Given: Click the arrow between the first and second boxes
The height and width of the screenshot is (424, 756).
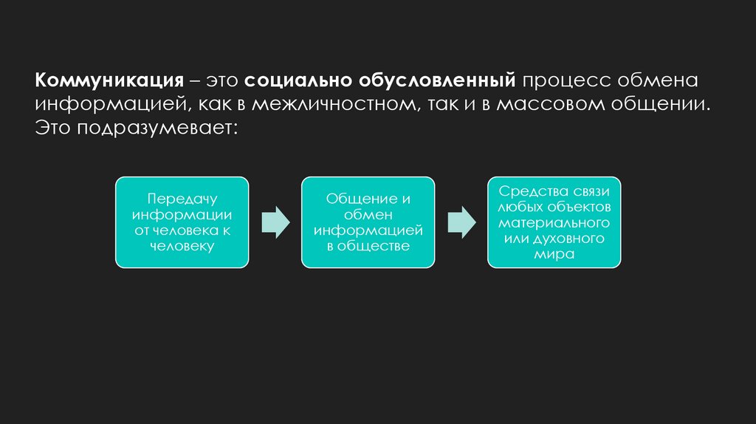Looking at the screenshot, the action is [x=275, y=222].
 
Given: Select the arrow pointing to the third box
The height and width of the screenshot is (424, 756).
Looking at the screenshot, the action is [x=461, y=222].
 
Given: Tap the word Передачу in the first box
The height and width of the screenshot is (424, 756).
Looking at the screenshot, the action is [x=182, y=199].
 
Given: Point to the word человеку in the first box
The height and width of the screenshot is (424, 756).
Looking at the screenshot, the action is [x=182, y=246].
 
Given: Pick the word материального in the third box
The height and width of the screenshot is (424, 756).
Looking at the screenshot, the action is [x=554, y=222].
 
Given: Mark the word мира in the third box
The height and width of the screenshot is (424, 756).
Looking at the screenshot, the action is [x=554, y=253].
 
